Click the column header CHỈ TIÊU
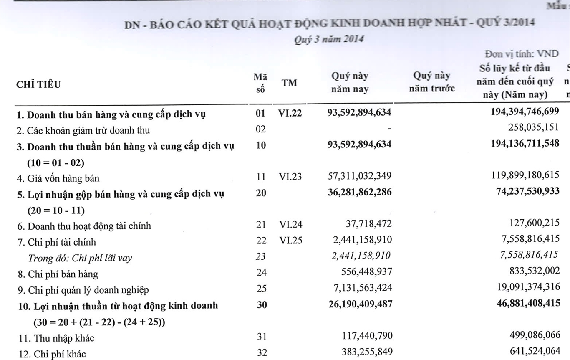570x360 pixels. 38,85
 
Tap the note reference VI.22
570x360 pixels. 290,113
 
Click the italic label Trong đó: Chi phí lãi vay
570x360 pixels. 80,258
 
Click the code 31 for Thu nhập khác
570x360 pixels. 261,337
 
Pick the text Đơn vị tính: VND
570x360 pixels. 522,54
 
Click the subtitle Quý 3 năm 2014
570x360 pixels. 329,39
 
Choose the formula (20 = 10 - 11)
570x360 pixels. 56,210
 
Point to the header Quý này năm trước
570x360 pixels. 431,82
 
